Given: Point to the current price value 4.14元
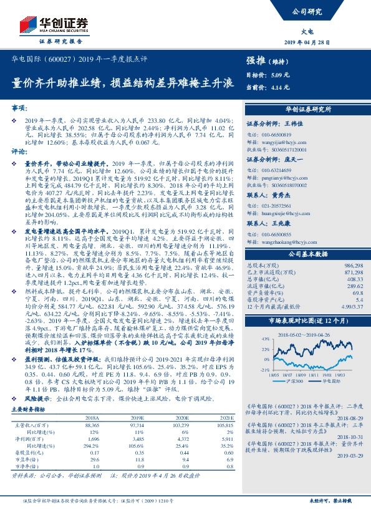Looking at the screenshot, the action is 280,87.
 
